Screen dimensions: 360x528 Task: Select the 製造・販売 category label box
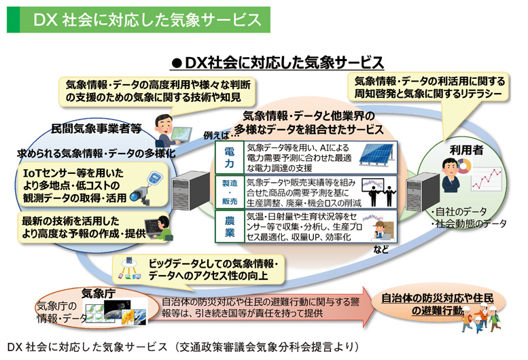pyautogui.click(x=228, y=192)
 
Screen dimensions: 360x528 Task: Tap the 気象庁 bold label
pyautogui.click(x=96, y=293)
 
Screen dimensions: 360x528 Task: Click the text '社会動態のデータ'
pyautogui.click(x=470, y=223)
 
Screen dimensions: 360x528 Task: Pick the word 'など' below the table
pyautogui.click(x=382, y=249)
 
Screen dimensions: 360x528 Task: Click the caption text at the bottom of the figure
pyautogui.click(x=179, y=347)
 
